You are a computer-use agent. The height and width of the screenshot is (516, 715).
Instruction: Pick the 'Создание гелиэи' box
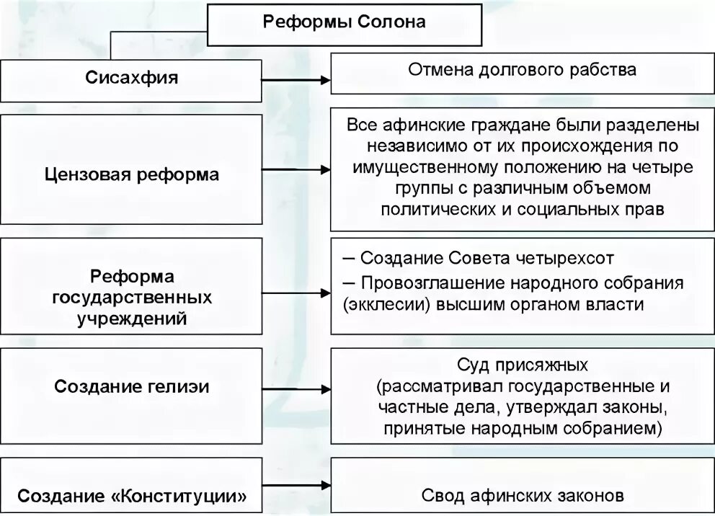click(x=131, y=386)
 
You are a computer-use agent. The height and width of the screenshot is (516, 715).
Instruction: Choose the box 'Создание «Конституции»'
click(x=131, y=496)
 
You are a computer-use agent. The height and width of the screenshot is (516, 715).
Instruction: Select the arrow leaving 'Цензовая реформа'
click(x=296, y=172)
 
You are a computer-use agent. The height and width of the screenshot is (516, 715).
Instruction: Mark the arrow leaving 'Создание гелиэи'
click(x=296, y=390)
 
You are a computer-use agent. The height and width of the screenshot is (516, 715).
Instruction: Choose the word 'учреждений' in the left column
click(x=131, y=317)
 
